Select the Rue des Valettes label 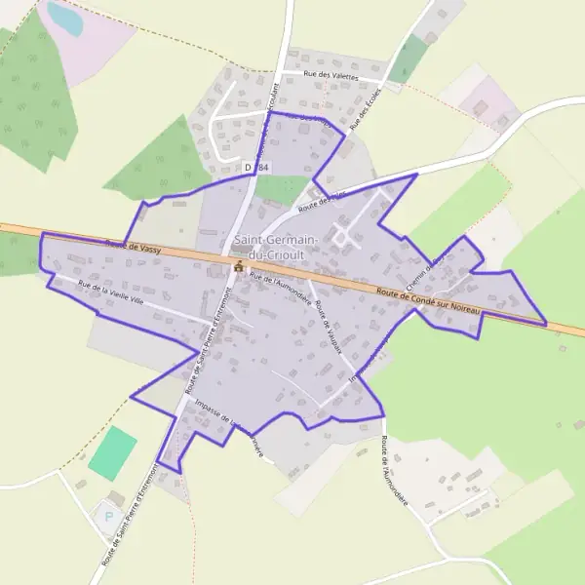tap(331, 76)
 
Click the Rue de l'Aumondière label tap(281, 289)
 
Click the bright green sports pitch tap(113, 453)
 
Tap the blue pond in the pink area tap(64, 18)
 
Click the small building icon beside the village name tap(238, 266)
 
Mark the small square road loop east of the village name tap(341, 235)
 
